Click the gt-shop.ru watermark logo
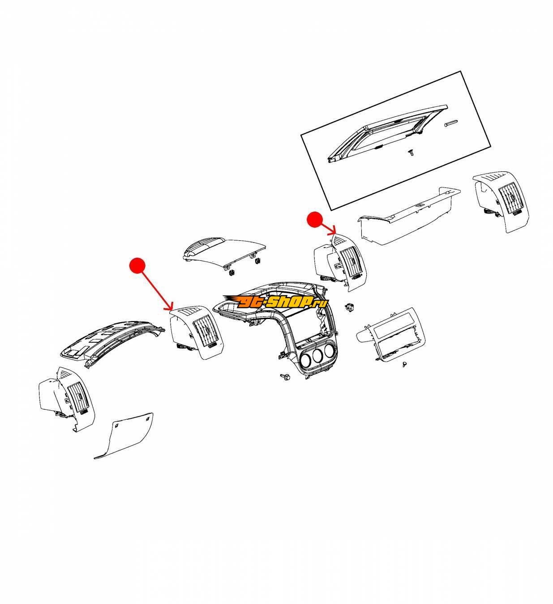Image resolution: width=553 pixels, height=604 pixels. coord(275,302)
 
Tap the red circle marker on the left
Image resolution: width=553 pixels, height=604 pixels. coord(137,265)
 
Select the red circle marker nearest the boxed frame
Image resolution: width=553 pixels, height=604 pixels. coord(315,220)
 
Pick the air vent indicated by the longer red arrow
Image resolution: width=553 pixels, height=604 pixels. coord(197,332)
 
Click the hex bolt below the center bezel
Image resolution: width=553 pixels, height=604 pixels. coord(284,376)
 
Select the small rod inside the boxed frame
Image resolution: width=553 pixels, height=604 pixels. coord(451,123)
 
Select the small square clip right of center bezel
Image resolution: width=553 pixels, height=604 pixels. coord(349,307)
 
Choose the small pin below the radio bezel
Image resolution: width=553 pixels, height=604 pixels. coord(405,365)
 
